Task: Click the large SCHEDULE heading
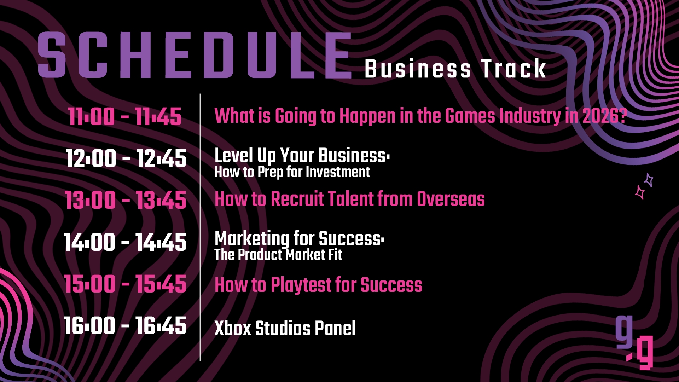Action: pyautogui.click(x=195, y=55)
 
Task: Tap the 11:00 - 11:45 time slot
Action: pyautogui.click(x=125, y=117)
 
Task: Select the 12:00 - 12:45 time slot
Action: pyautogui.click(x=126, y=158)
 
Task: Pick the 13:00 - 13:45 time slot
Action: pyautogui.click(x=126, y=200)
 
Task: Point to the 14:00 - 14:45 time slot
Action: pyautogui.click(x=125, y=242)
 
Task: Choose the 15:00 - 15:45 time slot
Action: pyautogui.click(x=125, y=284)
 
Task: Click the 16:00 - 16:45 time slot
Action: pyautogui.click(x=125, y=325)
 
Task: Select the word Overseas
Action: pyautogui.click(x=451, y=199)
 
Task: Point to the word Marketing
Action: pyautogui.click(x=252, y=239)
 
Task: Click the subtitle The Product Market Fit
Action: pyautogui.click(x=278, y=255)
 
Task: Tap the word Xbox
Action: pyautogui.click(x=233, y=328)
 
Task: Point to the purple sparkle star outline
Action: pyautogui.click(x=649, y=180)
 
